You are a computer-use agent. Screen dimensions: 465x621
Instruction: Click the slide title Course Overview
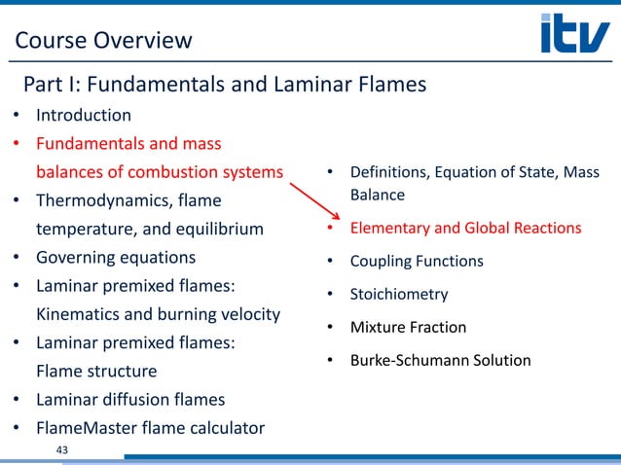[103, 40]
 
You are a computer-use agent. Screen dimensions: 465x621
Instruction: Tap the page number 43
[65, 448]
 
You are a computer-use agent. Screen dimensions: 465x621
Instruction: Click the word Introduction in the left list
[84, 115]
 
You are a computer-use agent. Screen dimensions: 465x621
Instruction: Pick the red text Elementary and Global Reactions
[465, 229]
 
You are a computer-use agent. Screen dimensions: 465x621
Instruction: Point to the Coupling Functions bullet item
[417, 261]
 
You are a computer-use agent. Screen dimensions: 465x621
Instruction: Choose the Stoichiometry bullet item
[399, 294]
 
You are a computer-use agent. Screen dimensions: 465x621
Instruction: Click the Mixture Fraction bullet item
[408, 327]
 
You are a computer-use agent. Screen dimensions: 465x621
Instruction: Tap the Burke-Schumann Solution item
[441, 360]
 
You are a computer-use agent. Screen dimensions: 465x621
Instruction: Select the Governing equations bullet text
[116, 258]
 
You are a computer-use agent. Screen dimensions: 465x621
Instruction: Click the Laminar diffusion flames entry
[130, 399]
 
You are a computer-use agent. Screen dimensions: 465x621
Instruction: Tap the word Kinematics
[79, 314]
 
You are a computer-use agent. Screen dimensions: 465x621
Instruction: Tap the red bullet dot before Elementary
[330, 230]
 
